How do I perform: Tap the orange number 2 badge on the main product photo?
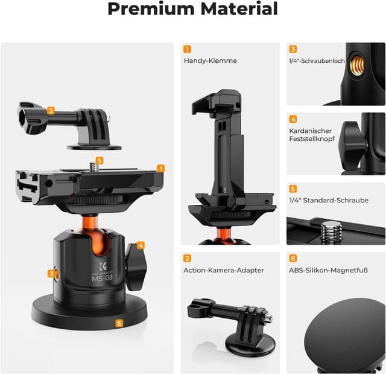[51, 111]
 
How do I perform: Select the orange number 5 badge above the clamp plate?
[100, 161]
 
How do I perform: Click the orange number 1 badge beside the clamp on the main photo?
[161, 168]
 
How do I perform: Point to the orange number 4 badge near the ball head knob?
[141, 245]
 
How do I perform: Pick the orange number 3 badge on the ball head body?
[52, 274]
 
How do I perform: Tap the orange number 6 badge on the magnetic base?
[119, 323]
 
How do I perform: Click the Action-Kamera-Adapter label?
[215, 270]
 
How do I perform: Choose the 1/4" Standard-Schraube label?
[329, 201]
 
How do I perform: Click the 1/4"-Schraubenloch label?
[317, 61]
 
